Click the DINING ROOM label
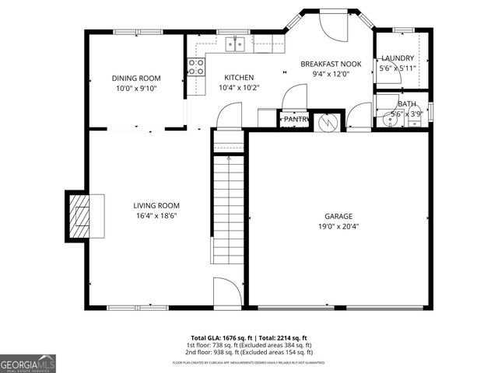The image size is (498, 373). [135, 78]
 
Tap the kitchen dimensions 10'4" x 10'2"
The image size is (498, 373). [239, 87]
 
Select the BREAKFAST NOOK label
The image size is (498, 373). [331, 64]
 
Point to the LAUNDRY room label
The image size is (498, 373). [397, 58]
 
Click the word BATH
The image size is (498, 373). [406, 104]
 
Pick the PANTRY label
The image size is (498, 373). [296, 120]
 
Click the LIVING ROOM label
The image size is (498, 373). [152, 206]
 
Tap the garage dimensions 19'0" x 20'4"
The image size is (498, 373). [338, 227]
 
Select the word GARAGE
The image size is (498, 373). [338, 216]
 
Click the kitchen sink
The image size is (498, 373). [235, 44]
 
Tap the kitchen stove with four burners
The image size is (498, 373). [196, 68]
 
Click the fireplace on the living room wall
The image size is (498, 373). [79, 214]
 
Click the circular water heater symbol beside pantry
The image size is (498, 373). [328, 122]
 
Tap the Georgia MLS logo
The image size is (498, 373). [28, 363]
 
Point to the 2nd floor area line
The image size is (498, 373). [249, 351]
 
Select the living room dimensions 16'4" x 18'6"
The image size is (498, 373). [152, 216]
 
